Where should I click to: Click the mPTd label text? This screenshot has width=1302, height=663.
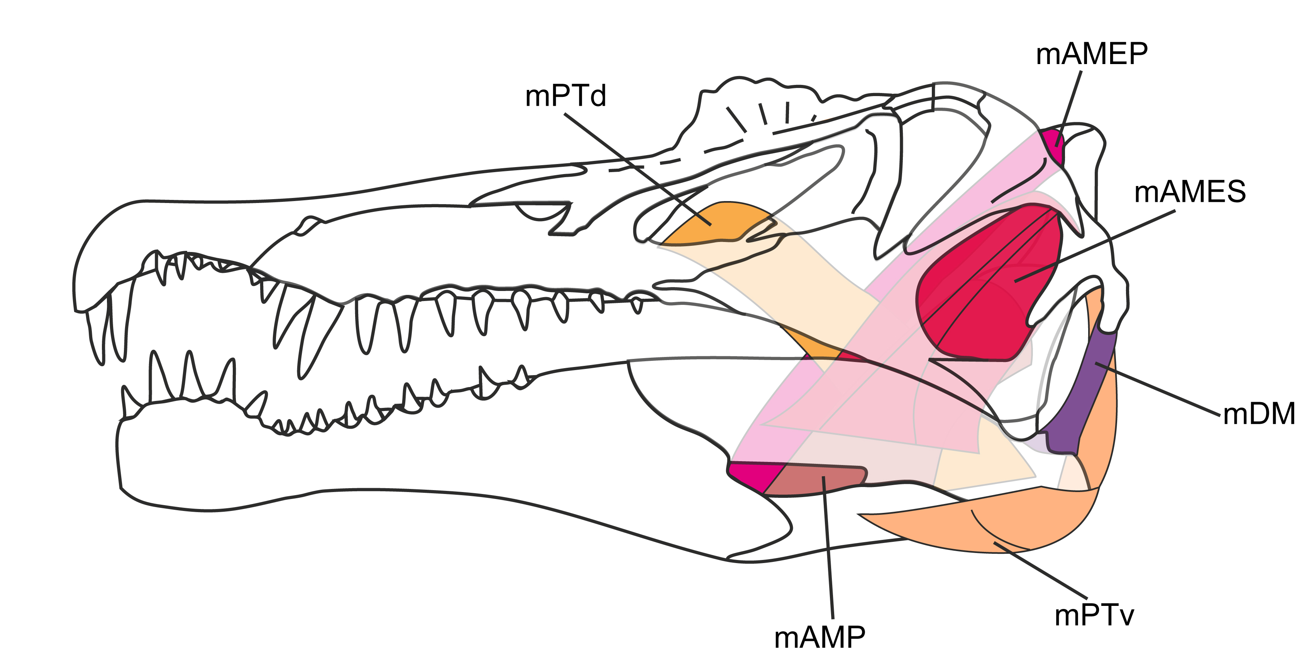[x=565, y=96]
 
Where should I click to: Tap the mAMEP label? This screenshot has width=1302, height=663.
[x=1092, y=54]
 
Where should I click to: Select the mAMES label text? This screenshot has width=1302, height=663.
[x=1190, y=192]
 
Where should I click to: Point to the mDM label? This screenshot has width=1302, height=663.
[x=1258, y=413]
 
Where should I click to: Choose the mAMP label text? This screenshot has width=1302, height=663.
[x=819, y=637]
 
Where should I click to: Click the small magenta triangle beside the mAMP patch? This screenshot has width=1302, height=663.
[x=750, y=475]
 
